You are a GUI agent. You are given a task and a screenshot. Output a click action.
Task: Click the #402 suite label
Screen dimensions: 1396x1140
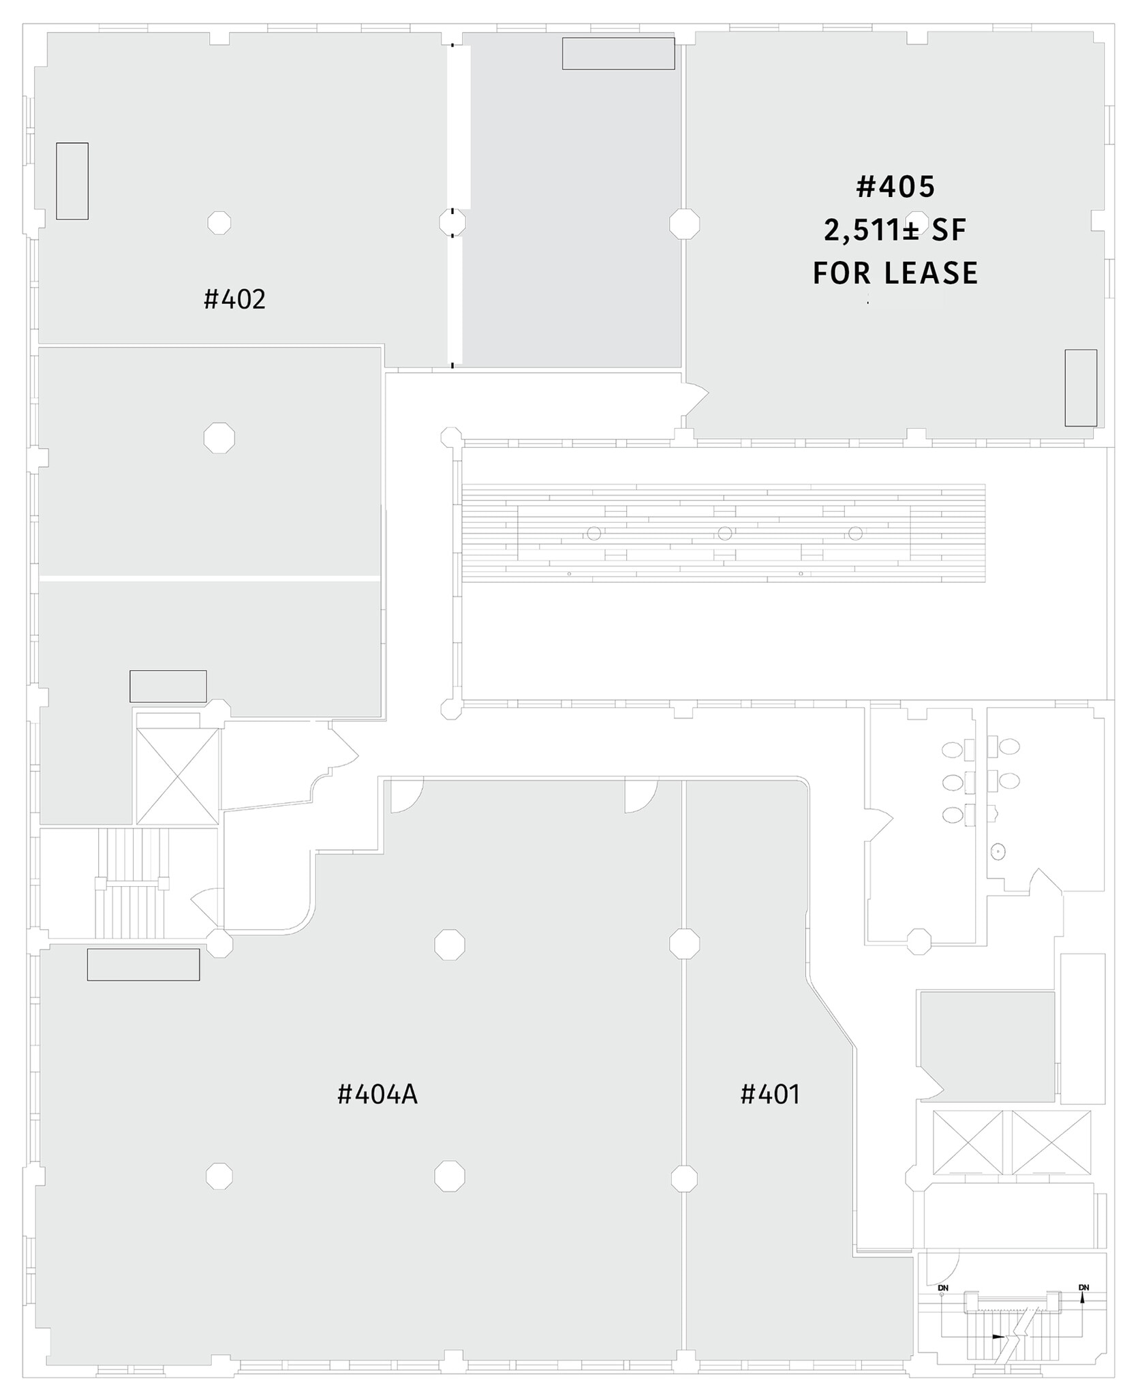234,299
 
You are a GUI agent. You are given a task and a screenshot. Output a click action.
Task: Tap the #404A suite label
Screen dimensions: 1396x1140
377,1095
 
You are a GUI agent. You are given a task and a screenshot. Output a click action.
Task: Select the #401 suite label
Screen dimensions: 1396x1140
769,1095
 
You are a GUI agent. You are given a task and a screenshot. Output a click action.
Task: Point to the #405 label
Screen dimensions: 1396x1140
895,187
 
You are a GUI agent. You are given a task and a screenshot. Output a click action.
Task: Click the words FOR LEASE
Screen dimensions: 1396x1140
895,273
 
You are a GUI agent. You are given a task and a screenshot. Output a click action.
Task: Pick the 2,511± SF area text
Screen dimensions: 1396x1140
895,231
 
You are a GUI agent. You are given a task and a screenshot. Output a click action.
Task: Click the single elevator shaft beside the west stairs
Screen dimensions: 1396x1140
177,776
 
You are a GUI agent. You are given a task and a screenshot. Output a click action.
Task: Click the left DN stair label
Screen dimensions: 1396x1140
943,1288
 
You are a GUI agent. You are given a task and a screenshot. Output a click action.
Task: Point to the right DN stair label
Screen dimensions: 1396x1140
1083,1288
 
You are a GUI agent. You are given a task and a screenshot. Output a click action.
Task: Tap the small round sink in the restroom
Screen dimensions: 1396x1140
998,851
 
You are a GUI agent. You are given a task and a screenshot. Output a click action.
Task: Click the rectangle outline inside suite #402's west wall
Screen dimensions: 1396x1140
72,181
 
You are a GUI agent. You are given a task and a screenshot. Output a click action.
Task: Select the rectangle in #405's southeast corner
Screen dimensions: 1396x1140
1081,388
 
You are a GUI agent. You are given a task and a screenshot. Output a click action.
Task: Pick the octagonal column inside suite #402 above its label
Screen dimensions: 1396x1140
219,222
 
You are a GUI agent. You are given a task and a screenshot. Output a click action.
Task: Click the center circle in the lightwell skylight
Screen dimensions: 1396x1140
724,533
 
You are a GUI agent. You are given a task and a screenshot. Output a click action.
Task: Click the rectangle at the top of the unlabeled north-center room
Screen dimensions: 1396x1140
618,53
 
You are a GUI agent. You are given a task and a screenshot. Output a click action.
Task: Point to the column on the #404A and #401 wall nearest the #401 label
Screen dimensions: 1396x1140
683,1178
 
